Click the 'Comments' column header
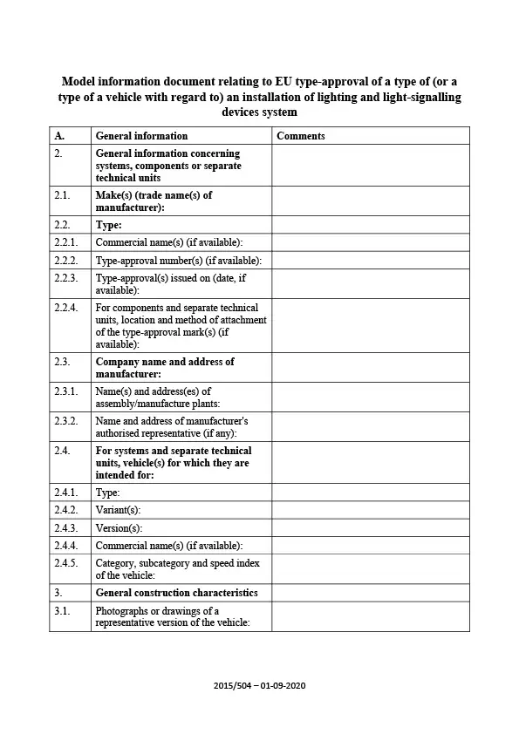(x=300, y=136)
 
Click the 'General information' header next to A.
(x=141, y=136)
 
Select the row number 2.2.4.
(x=66, y=308)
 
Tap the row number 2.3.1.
(x=66, y=391)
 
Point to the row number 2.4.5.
(x=66, y=563)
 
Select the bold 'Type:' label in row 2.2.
(x=108, y=225)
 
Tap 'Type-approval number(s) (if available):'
(x=178, y=261)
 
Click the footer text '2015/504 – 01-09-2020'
(x=259, y=685)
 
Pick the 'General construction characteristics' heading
(x=176, y=593)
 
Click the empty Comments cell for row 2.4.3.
(x=370, y=527)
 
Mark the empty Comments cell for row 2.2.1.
(x=370, y=242)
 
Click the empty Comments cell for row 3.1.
(x=370, y=616)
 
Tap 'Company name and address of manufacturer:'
(x=164, y=367)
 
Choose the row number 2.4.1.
(x=66, y=493)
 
